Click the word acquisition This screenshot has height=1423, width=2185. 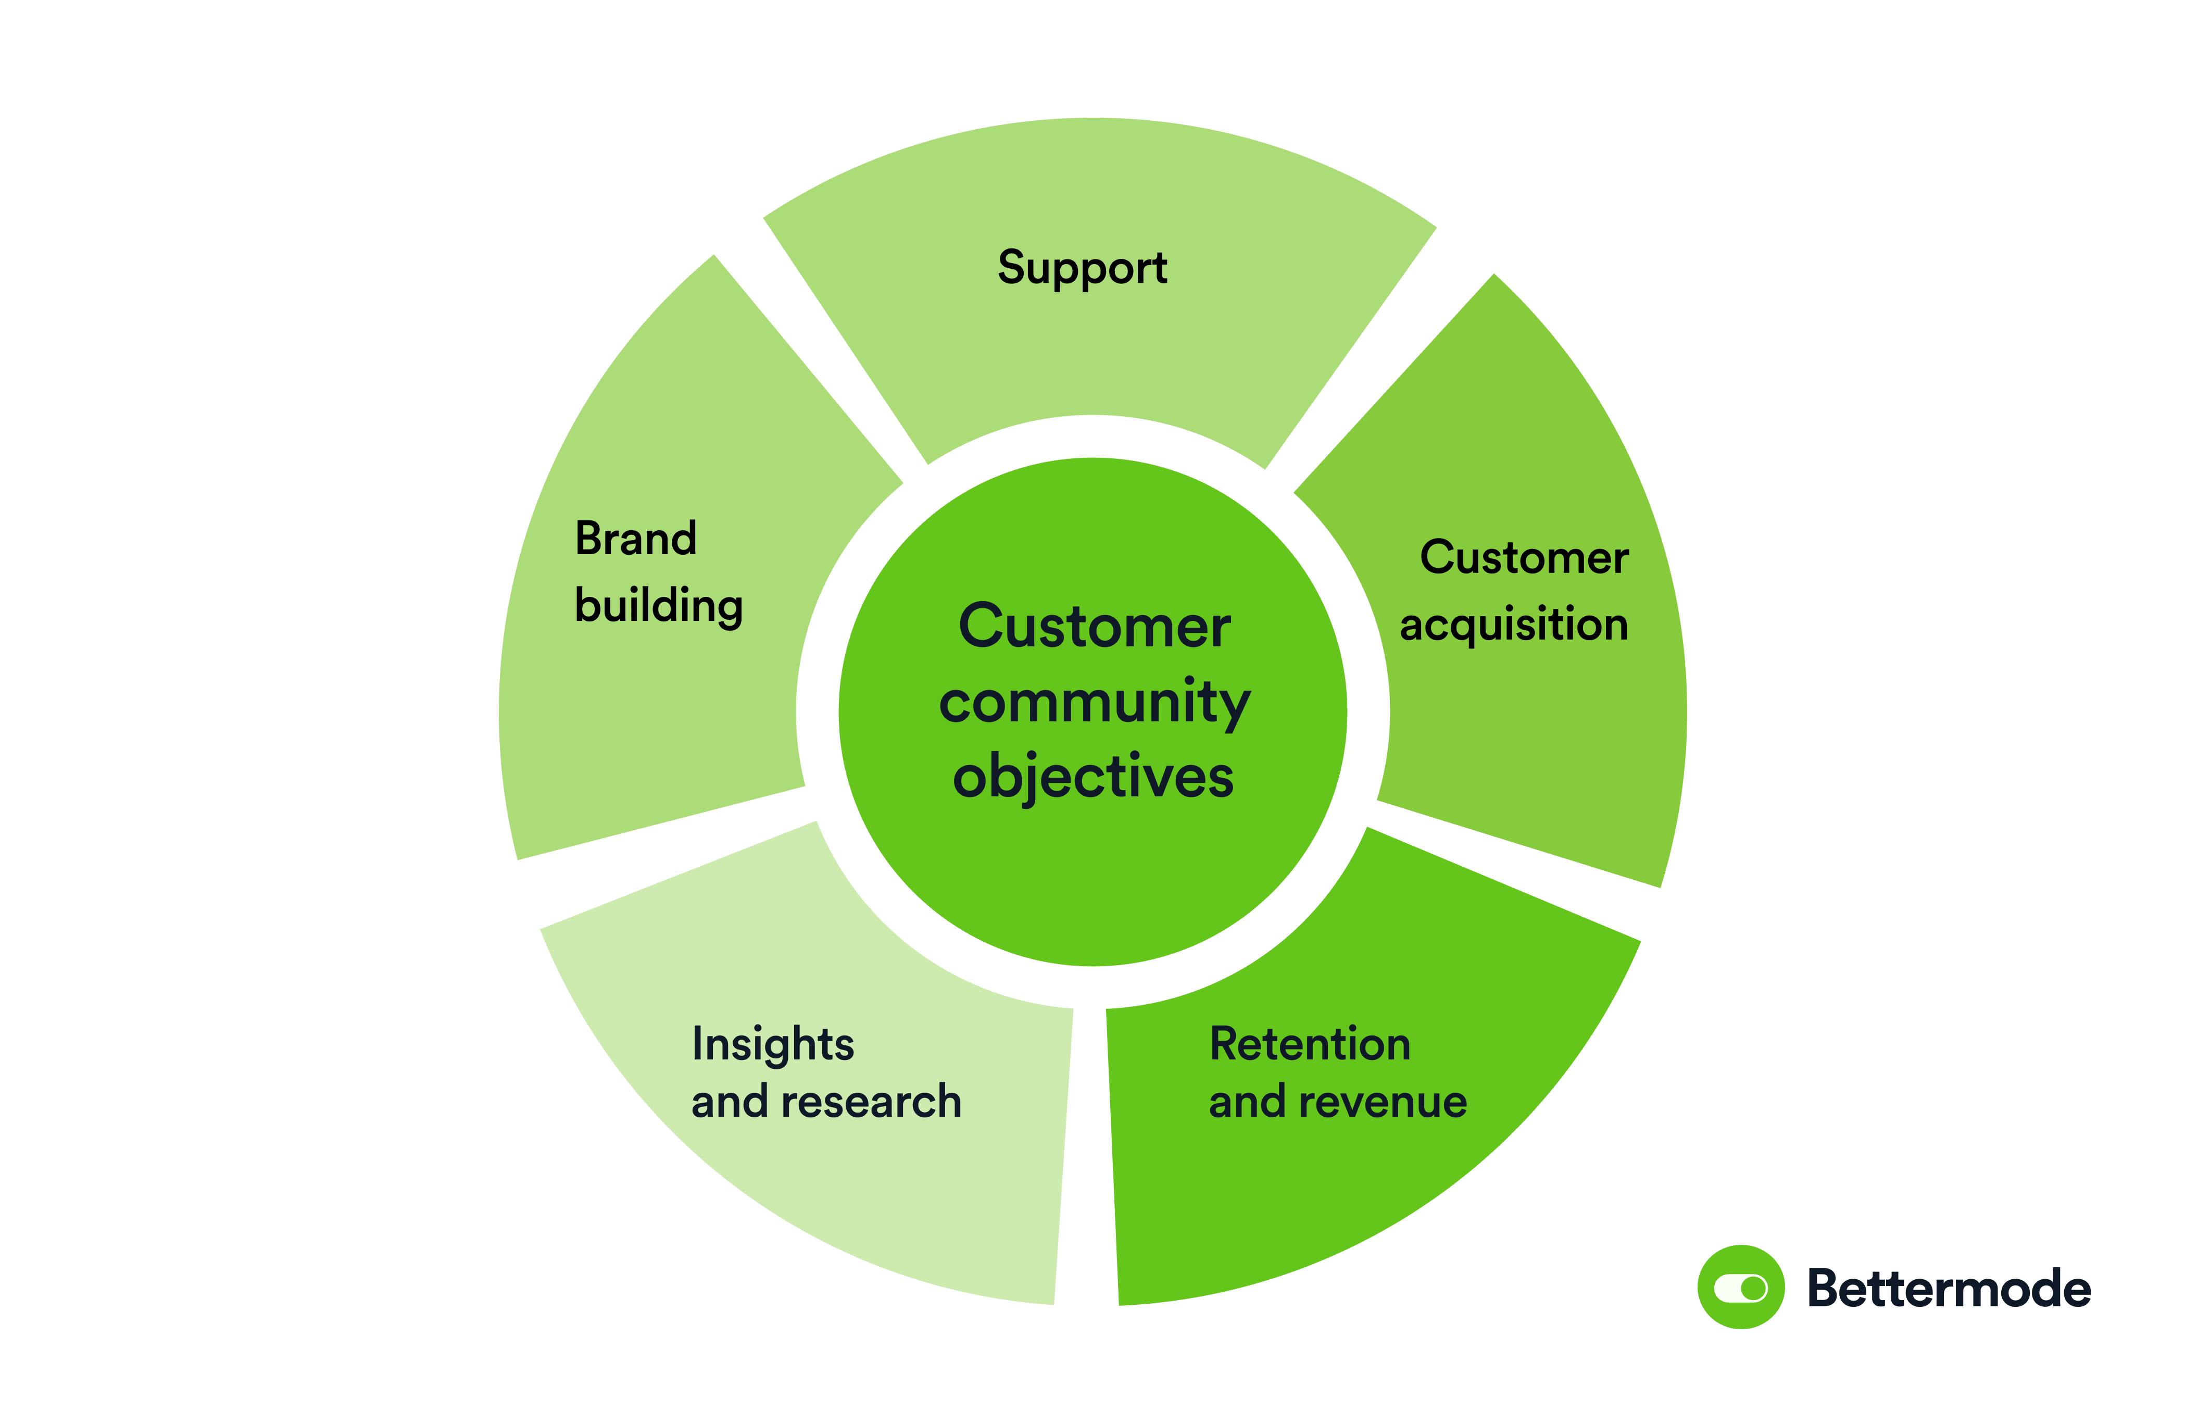[x=1513, y=625]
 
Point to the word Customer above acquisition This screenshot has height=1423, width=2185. [x=1524, y=557]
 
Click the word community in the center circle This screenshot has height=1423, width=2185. [x=1095, y=704]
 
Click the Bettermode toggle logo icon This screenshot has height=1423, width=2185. [x=1741, y=1287]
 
